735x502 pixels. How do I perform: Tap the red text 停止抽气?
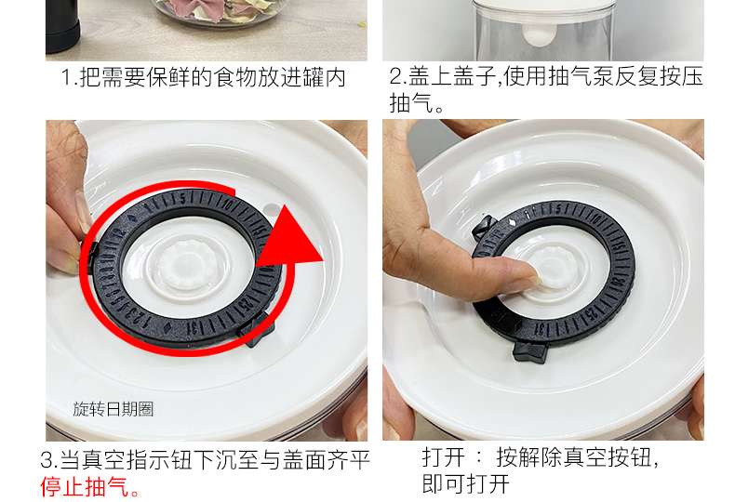point(85,486)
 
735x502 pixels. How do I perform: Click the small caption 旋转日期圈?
point(114,409)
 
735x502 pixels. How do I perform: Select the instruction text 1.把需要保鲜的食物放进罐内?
point(204,77)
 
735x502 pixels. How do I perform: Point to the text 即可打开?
point(465,483)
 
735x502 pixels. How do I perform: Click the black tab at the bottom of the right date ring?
point(530,351)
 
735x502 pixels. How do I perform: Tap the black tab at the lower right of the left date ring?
point(257,330)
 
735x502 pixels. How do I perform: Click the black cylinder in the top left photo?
point(62,26)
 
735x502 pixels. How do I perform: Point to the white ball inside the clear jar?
point(538,36)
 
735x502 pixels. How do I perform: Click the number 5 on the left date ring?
point(182,199)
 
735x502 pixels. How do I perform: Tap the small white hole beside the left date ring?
point(271,207)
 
